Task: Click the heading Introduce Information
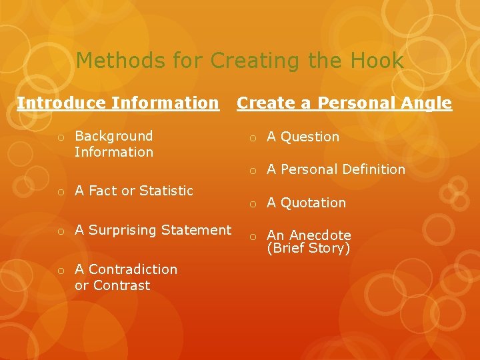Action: point(118,103)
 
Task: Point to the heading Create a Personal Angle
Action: point(344,103)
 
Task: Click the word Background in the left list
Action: point(114,136)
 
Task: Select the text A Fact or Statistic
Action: point(134,191)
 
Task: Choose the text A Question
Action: point(303,137)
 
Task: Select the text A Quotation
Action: point(307,203)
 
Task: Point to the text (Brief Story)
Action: point(309,249)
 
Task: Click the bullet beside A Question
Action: point(253,138)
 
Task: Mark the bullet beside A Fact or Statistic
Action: point(60,192)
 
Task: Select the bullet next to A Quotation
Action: point(253,204)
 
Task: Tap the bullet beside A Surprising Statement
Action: point(60,231)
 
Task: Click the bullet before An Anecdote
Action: point(253,237)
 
